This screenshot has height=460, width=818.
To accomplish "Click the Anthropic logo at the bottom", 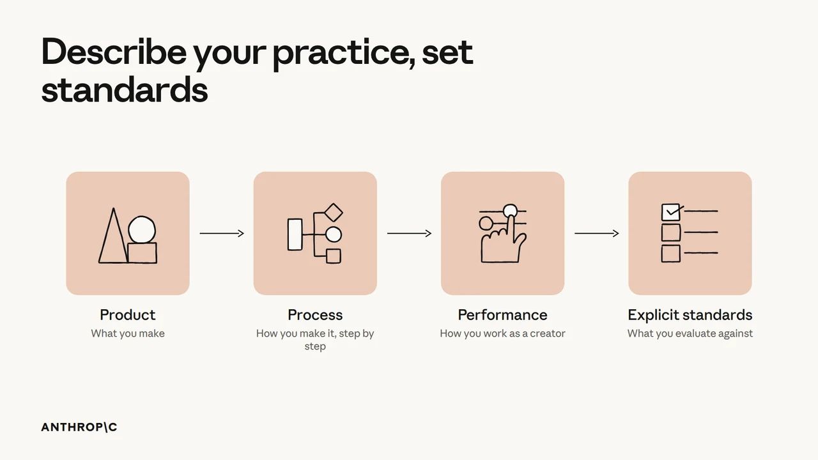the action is click(79, 427).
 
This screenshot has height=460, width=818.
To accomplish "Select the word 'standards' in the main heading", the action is click(125, 90).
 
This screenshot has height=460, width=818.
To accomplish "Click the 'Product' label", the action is click(127, 315).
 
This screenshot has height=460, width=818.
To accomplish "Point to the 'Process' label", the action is click(315, 315).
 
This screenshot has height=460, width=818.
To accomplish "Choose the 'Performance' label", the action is click(502, 315).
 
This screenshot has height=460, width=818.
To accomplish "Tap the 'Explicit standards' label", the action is click(690, 315).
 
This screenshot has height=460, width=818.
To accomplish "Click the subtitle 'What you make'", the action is click(128, 333).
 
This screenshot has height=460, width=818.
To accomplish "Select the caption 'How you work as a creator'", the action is click(502, 333).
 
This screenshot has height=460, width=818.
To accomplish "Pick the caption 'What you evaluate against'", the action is click(690, 333).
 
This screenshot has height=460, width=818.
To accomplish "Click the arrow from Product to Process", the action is click(222, 233).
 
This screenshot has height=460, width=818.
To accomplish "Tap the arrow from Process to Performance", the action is click(409, 233).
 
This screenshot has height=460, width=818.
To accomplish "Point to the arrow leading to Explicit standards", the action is click(597, 233).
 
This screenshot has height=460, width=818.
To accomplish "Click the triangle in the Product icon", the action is click(106, 249).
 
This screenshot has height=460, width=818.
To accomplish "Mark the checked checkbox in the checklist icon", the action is click(671, 212).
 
